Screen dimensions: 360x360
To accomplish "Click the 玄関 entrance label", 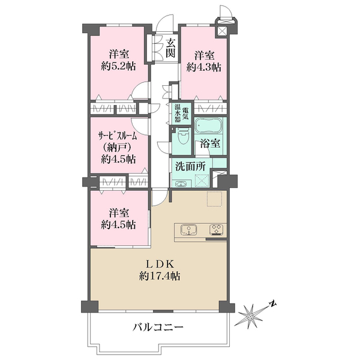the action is (171, 48).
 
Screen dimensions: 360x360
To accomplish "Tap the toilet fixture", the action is (183, 136).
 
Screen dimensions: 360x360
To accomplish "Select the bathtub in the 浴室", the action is (209, 125).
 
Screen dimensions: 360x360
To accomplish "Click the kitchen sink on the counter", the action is (188, 230).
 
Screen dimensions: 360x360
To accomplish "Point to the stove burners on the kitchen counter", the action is (216, 230).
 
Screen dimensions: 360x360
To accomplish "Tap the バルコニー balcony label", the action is (158, 327).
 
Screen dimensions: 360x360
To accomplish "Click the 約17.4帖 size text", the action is (160, 276).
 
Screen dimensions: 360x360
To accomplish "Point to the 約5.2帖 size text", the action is (118, 67).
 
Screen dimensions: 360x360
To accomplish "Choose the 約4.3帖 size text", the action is (204, 67).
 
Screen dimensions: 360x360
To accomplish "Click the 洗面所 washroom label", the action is (190, 166).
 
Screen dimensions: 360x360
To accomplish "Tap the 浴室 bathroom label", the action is (211, 143).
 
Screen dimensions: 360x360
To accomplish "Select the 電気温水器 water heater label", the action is (182, 113).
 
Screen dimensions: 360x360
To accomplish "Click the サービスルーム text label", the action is (118, 136).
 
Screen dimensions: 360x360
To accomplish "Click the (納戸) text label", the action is (118, 148).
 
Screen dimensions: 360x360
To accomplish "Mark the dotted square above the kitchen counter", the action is (215, 199).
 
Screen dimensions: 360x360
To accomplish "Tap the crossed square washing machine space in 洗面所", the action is (202, 181).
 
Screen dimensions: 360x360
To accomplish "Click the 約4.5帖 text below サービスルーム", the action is (118, 159).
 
